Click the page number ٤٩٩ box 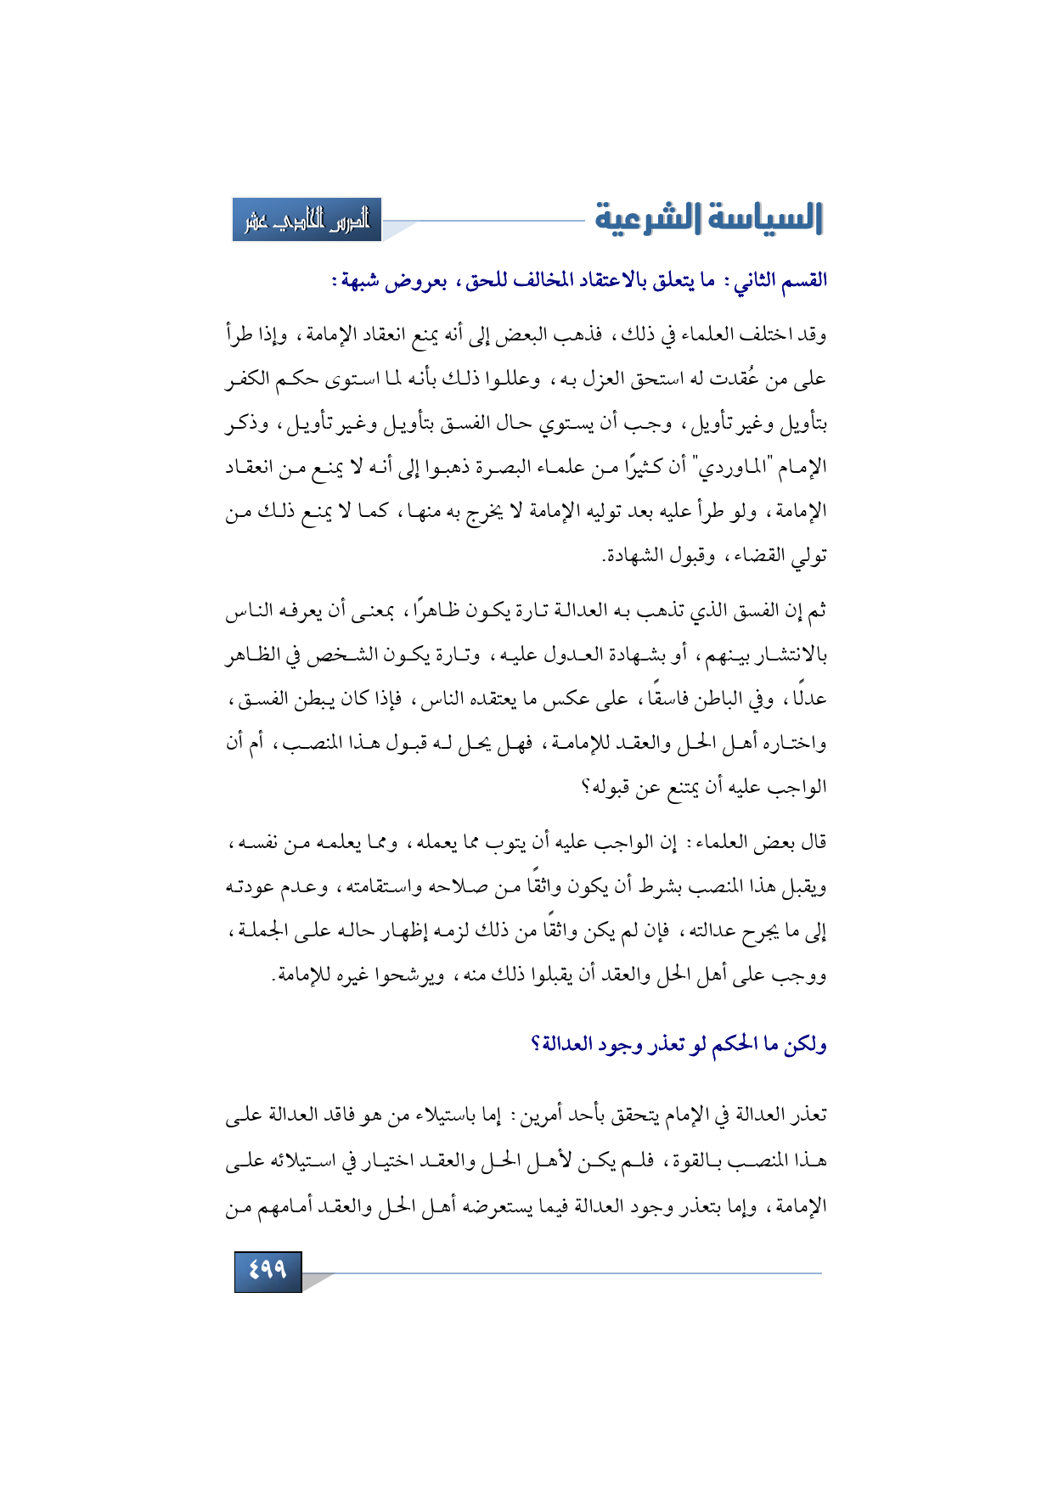coord(267,1271)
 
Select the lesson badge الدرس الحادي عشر coord(307,221)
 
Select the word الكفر coord(247,379)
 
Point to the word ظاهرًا coord(434,611)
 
